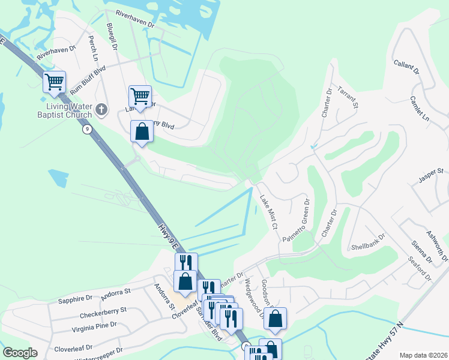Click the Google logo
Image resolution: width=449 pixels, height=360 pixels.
(x=20, y=352)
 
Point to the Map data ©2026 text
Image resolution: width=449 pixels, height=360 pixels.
(x=423, y=355)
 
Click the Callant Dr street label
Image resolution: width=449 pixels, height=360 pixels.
(x=406, y=67)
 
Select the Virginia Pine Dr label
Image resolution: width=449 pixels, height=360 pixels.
(x=86, y=328)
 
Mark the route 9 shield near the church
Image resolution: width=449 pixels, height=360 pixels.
(x=88, y=129)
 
